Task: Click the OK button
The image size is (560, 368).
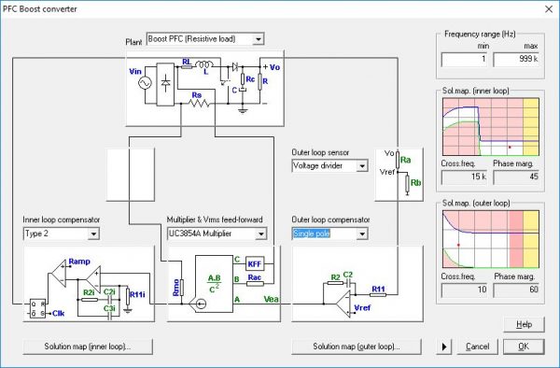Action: (x=523, y=346)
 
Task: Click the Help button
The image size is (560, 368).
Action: (x=523, y=323)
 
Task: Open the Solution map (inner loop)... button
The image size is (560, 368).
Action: (x=88, y=347)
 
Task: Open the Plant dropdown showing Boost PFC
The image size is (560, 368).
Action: (x=205, y=38)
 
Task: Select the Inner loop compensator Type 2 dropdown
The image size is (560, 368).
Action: (x=61, y=233)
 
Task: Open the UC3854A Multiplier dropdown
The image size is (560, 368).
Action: (x=217, y=233)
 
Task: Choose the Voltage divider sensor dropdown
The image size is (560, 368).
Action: (x=330, y=165)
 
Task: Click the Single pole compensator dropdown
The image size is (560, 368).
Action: (x=330, y=233)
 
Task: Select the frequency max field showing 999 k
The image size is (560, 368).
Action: (x=516, y=60)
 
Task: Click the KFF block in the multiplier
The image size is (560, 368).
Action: (x=255, y=263)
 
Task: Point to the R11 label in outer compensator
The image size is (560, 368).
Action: (x=379, y=289)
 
